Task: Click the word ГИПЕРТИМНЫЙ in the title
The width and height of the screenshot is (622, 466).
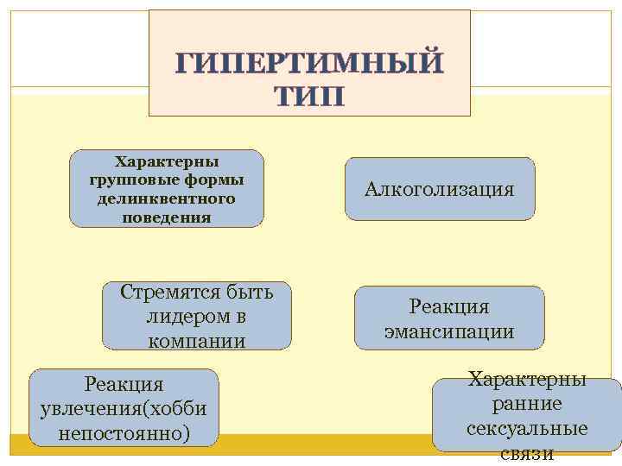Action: [x=309, y=63]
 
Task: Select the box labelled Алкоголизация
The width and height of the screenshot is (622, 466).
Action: [x=439, y=188]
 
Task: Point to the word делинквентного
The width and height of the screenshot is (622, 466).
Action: [x=167, y=198]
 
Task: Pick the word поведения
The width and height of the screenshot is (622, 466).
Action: [x=167, y=217]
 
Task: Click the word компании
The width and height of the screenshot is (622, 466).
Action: [x=197, y=341]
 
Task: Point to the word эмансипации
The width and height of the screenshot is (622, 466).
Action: [x=449, y=331]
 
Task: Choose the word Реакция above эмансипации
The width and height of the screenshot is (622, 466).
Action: [x=449, y=306]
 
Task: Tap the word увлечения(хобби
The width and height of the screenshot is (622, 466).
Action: [x=124, y=406]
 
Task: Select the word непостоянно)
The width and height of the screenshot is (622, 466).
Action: [x=124, y=431]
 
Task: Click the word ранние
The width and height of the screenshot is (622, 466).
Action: [x=527, y=404]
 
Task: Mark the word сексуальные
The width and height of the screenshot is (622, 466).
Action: [x=527, y=429]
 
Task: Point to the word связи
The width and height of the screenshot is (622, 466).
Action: [x=527, y=454]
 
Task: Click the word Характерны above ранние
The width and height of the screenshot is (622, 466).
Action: [x=527, y=379]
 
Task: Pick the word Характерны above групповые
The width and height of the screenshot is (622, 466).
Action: [x=167, y=161]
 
